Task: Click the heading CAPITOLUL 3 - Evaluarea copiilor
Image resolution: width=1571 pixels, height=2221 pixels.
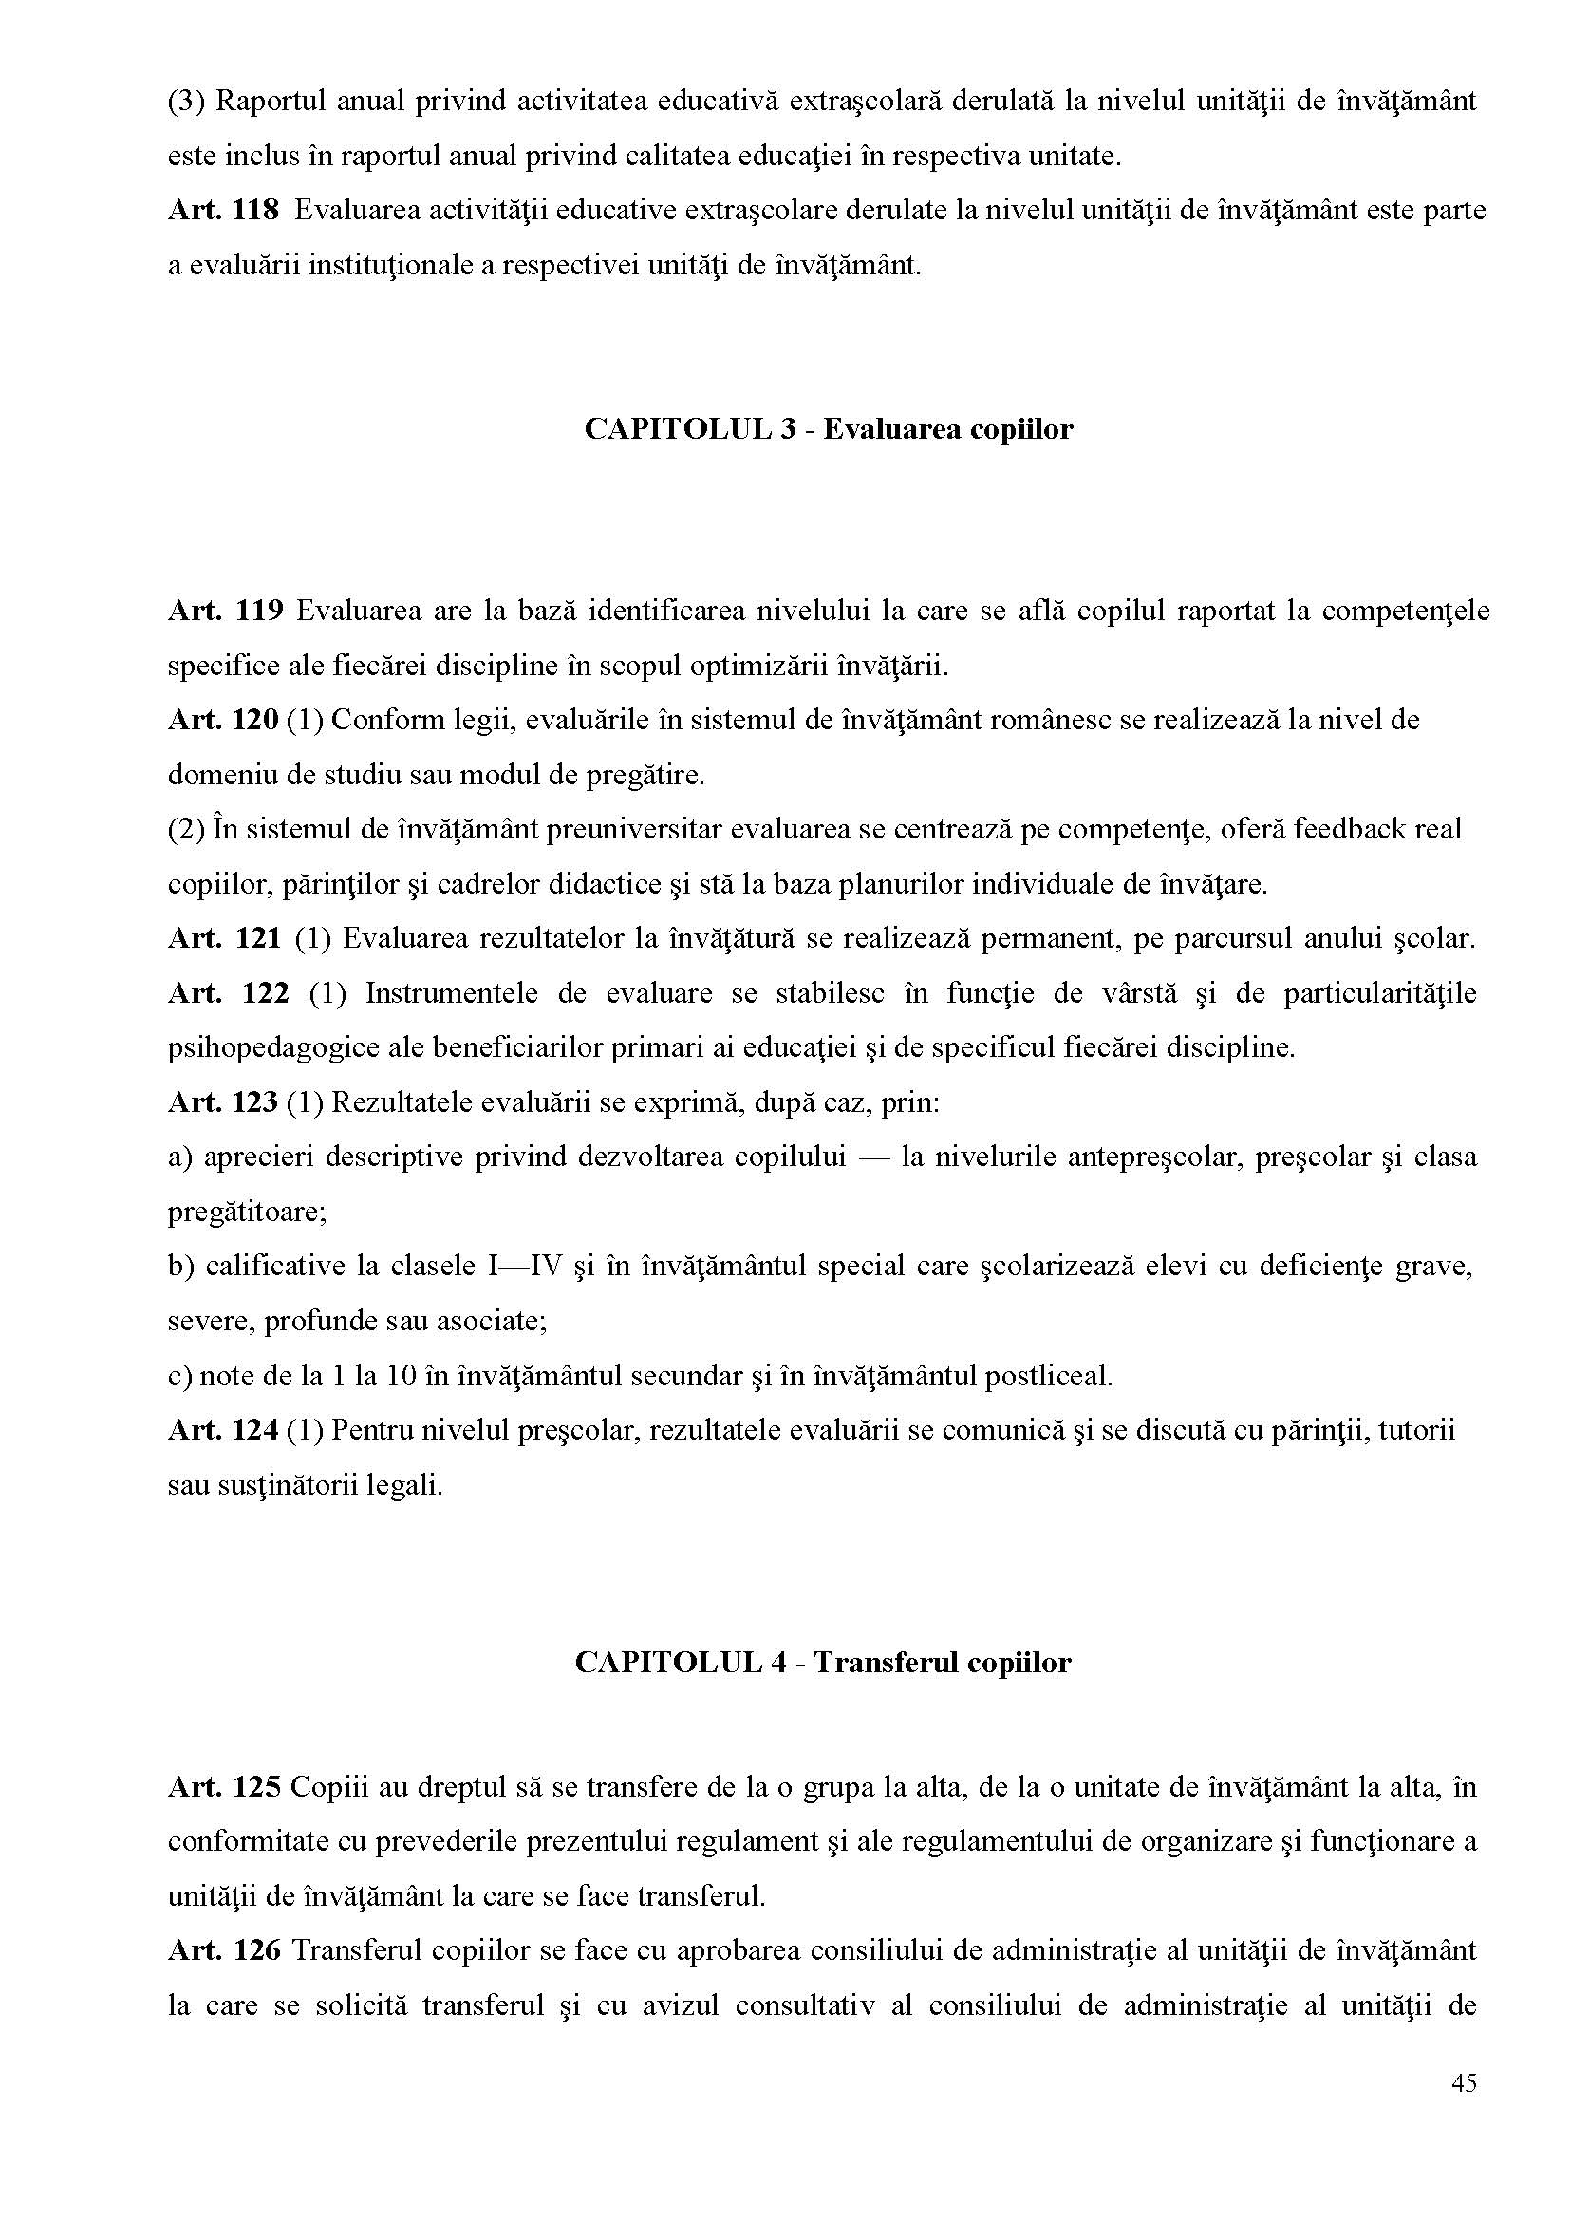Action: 828,428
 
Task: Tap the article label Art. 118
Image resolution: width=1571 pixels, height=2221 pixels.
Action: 222,210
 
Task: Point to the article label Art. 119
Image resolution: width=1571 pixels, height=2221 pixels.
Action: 224,611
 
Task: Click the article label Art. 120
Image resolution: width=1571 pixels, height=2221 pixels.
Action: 222,720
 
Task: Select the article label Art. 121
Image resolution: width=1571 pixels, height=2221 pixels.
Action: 224,938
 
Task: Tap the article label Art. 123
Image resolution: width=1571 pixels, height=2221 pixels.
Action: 222,1102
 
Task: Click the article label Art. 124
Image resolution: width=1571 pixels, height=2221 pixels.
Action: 222,1429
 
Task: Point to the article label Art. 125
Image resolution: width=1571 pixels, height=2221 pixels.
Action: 222,1786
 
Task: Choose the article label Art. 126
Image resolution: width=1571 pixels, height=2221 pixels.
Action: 222,1950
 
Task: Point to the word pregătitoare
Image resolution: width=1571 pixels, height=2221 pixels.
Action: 246,1212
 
